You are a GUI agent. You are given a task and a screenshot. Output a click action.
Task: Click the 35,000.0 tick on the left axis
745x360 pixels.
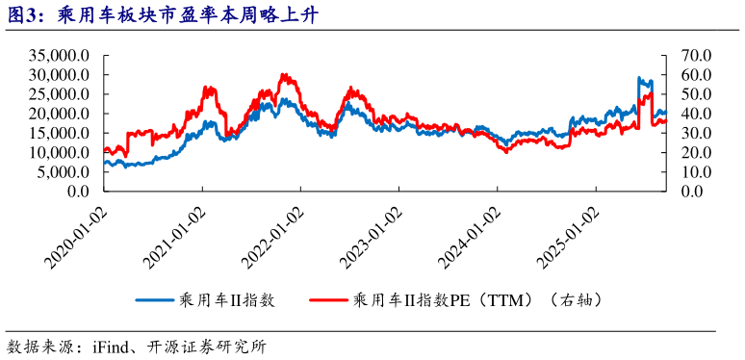pos(60,55)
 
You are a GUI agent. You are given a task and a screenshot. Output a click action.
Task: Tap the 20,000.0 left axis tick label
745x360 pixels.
pos(60,114)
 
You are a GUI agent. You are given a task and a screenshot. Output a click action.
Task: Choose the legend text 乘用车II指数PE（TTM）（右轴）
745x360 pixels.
pos(477,300)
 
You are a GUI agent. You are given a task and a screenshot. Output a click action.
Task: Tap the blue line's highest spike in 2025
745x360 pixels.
pos(639,78)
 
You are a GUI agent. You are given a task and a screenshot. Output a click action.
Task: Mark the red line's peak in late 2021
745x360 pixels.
pos(283,74)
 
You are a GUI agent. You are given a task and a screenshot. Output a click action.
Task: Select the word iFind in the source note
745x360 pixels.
pos(113,346)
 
